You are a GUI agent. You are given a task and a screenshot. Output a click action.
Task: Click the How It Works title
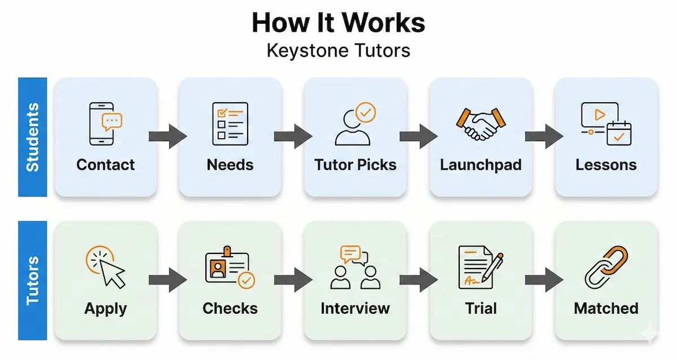pos(338,23)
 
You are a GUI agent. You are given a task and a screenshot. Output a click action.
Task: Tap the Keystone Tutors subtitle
pos(338,51)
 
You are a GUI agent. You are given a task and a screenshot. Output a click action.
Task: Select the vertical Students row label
pos(33,137)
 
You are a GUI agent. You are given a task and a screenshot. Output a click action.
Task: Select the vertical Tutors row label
pos(33,280)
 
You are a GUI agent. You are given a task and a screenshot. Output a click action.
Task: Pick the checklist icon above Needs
pos(230,122)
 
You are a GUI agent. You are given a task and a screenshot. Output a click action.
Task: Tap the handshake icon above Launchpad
pos(481,124)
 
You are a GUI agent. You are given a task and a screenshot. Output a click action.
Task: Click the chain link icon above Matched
pos(606,267)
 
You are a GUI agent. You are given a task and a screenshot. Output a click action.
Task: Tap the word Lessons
pos(606,165)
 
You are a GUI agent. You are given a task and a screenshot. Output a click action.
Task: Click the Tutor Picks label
pos(355,165)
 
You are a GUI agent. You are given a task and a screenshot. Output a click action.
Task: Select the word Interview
pos(355,309)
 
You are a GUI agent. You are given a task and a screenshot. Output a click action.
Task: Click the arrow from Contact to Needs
pos(168,137)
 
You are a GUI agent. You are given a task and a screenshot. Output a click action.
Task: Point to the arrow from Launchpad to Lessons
pos(544,137)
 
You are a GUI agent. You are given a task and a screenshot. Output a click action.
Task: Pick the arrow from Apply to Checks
pos(168,280)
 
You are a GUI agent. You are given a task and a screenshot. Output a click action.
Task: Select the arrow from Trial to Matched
pos(544,280)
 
